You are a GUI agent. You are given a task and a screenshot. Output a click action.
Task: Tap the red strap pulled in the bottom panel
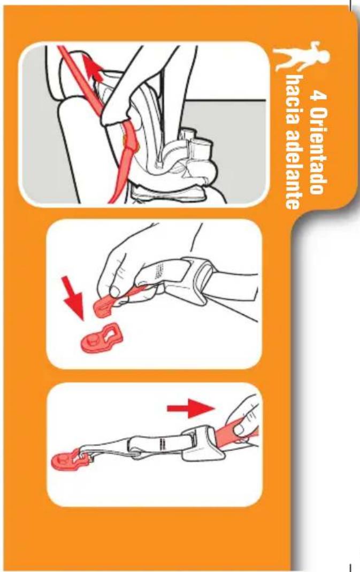coord(234,430)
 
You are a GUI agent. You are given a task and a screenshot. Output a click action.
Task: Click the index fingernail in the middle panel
coord(115,291)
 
